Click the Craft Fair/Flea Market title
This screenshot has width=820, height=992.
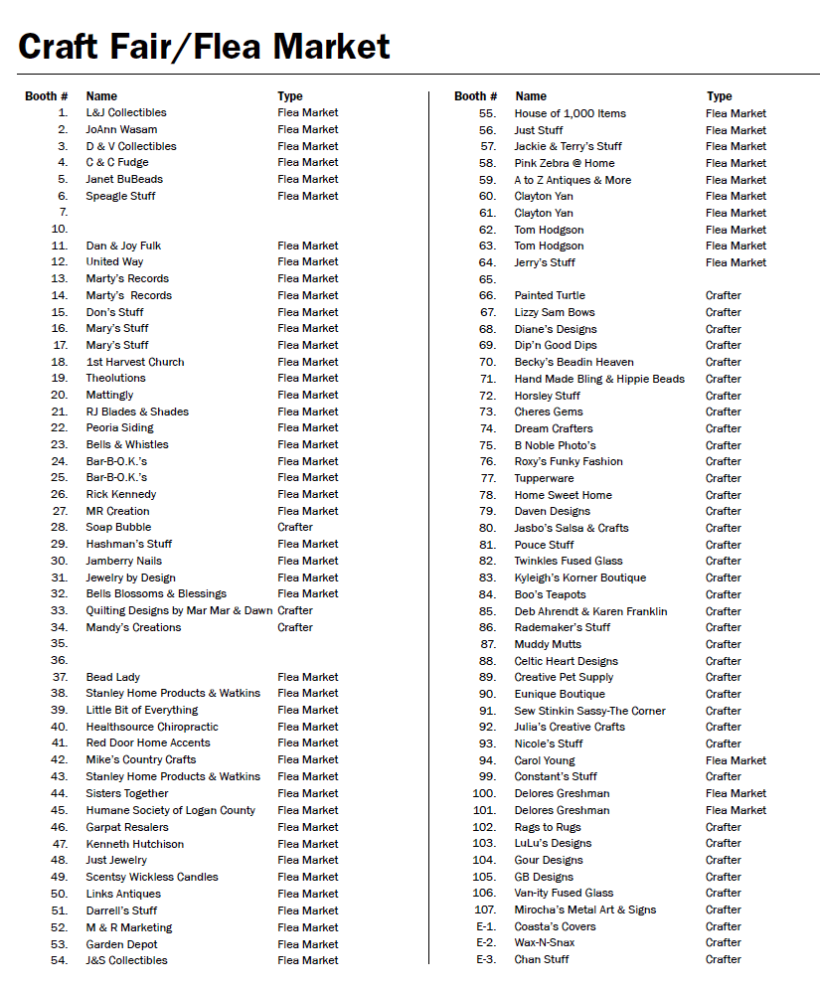(204, 46)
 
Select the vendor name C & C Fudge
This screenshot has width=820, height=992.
(117, 162)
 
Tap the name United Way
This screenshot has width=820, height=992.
(114, 261)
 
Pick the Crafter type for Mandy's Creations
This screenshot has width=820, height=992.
(295, 627)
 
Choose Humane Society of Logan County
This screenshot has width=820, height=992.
(171, 810)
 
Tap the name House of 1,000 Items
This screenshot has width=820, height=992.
(571, 113)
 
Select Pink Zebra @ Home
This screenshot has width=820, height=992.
(565, 163)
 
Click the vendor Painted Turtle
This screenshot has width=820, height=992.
(550, 295)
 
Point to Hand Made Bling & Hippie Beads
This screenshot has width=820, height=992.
(599, 379)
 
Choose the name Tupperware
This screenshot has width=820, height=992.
(544, 478)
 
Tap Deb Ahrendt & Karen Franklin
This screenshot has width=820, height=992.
(590, 611)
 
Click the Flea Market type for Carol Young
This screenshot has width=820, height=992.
(736, 760)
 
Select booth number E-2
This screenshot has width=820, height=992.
(486, 942)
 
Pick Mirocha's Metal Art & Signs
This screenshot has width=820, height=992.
(585, 909)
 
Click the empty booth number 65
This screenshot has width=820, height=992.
(487, 279)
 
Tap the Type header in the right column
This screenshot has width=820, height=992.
(720, 96)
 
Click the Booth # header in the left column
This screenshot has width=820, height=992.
(47, 96)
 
